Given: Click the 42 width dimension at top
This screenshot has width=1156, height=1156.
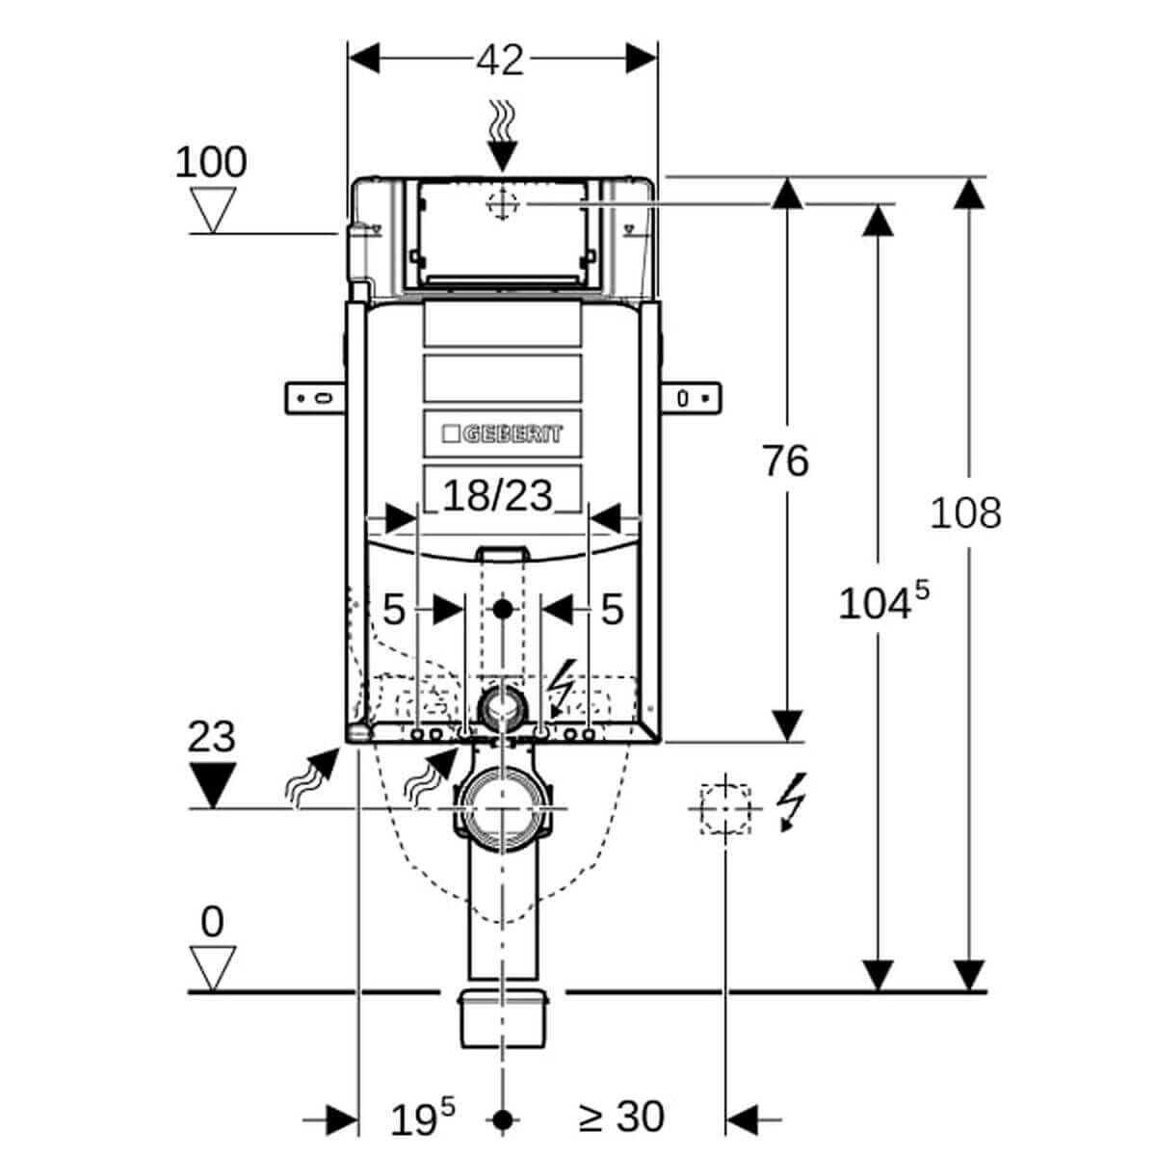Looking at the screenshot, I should (500, 60).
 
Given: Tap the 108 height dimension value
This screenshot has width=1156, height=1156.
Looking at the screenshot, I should (964, 512).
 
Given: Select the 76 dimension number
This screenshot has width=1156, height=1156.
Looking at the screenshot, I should (785, 461).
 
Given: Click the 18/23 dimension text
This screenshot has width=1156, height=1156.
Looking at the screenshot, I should (498, 496).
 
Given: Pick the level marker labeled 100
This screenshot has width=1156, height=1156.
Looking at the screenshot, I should (210, 163).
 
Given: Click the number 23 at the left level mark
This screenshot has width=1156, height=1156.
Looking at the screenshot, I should (211, 737).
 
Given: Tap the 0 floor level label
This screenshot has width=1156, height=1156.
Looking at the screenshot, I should (212, 922).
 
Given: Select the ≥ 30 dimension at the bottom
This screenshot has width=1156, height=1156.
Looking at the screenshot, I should (622, 1117).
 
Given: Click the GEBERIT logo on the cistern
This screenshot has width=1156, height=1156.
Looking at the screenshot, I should (502, 433).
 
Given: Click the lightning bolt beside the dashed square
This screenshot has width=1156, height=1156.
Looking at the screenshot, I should (793, 801).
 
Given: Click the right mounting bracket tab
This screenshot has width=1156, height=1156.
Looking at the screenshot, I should (690, 397).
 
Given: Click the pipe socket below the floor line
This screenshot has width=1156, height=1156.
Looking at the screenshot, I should (502, 1017).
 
